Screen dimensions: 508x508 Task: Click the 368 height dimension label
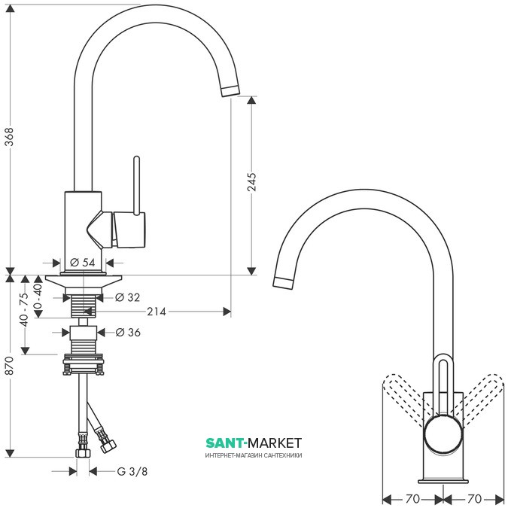(10, 136)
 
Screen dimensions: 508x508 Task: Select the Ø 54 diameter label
(84, 263)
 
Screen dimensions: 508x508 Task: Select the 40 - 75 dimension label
(24, 309)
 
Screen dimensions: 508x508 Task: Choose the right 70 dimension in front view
(474, 498)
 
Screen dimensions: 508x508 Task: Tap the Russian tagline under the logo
(253, 455)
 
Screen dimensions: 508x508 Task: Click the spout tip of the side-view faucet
(229, 90)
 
